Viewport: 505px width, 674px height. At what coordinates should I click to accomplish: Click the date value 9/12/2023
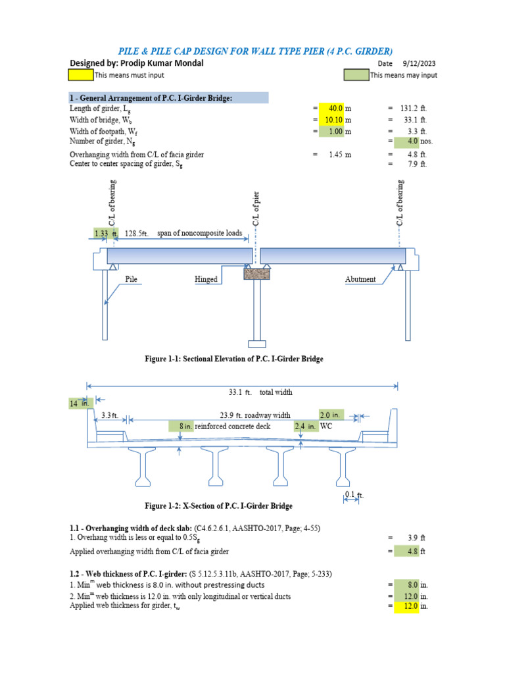418,64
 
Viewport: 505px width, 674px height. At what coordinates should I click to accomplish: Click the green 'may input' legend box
356,75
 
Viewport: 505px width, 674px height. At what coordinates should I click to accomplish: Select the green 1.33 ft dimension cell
105,233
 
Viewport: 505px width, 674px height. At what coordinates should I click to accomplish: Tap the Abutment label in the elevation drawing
360,279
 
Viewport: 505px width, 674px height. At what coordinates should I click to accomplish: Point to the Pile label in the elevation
133,279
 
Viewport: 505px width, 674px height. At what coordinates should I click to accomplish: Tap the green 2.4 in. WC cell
306,427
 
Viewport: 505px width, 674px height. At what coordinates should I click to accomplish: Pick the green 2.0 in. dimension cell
331,415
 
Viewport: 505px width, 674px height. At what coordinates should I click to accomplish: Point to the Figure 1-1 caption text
233,359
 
